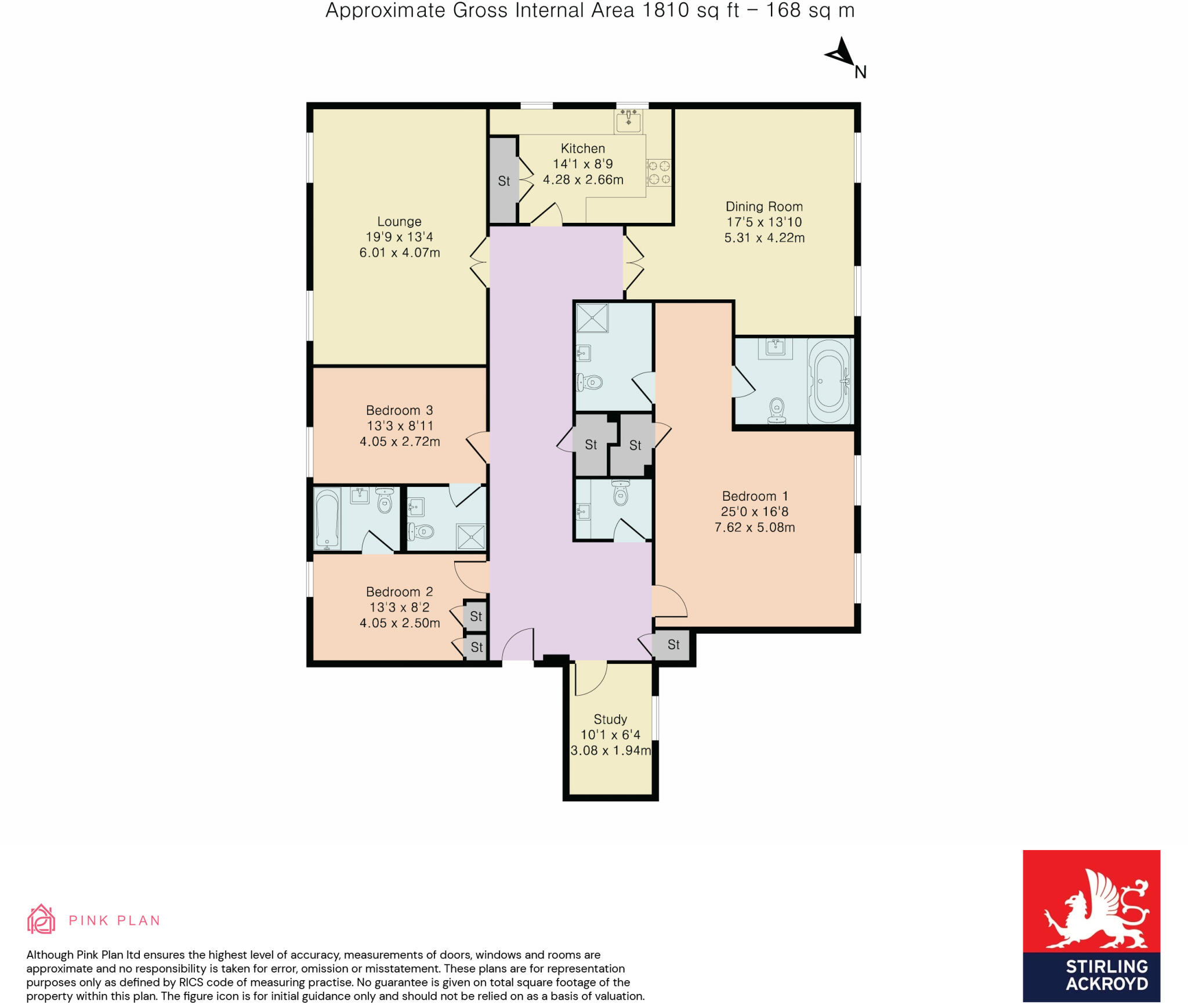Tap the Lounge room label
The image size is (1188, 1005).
point(399,222)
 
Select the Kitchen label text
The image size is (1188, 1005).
point(582,149)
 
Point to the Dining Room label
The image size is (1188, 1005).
point(764,207)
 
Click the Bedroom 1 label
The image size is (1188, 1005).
point(755,496)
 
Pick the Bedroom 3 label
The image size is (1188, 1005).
point(399,410)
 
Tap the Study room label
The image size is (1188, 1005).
point(610,720)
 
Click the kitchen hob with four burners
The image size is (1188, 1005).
point(659,172)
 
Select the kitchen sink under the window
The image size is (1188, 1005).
point(628,121)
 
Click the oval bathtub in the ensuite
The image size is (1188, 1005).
point(830,381)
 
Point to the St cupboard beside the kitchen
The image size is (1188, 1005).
point(504,180)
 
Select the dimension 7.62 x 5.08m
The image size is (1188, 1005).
point(755,527)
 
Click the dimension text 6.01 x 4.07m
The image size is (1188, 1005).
point(400,252)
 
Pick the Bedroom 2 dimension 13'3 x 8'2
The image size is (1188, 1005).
point(400,608)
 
